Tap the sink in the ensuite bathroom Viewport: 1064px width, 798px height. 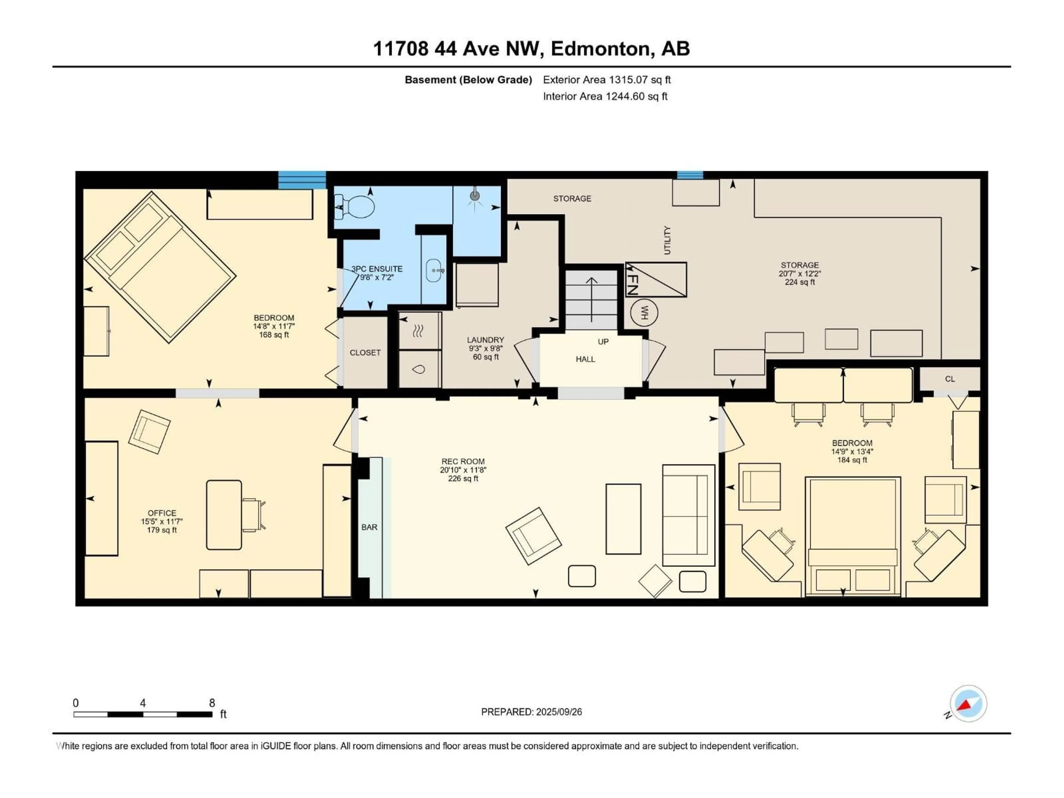point(434,270)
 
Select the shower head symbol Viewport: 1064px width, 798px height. point(475,196)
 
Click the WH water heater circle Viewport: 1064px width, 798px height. point(644,313)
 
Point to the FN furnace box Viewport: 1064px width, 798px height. point(656,280)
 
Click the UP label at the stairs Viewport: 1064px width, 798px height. point(603,342)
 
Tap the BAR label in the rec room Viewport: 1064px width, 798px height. point(369,527)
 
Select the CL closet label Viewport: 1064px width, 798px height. point(950,379)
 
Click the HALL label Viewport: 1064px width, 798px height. point(585,359)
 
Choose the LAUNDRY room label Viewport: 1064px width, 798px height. point(485,340)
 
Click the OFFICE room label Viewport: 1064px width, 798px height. point(162,513)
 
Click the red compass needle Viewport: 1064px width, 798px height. point(965,705)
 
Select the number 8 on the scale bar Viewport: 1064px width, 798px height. point(212,703)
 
